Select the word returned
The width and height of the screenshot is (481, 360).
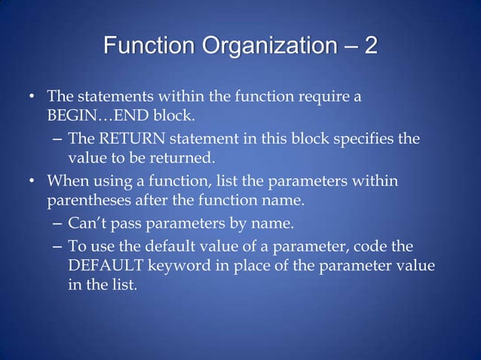(x=185, y=159)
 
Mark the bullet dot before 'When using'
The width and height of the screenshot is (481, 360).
(x=32, y=182)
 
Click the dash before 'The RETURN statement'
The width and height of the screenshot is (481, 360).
(x=58, y=140)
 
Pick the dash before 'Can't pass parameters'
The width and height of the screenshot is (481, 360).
(x=58, y=224)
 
